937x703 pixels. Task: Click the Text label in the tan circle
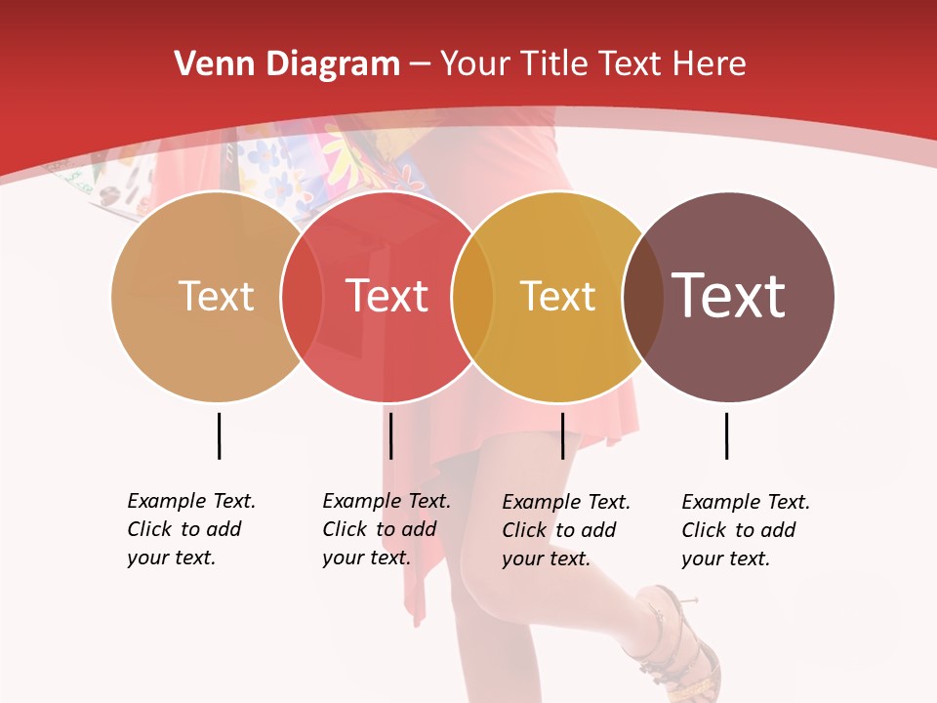pyautogui.click(x=216, y=296)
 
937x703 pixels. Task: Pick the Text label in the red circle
pyautogui.click(x=387, y=296)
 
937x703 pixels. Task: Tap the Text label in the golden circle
pyautogui.click(x=557, y=296)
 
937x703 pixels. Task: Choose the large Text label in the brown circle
pyautogui.click(x=728, y=296)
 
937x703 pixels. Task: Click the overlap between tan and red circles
pyautogui.click(x=302, y=297)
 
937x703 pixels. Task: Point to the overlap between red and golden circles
pyautogui.click(x=472, y=297)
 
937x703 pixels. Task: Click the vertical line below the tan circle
pyautogui.click(x=219, y=435)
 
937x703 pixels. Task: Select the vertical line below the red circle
pyautogui.click(x=390, y=435)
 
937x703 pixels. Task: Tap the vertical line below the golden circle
pyautogui.click(x=562, y=435)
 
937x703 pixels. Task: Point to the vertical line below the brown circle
pyautogui.click(x=726, y=435)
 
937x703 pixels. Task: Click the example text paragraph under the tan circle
pyautogui.click(x=190, y=529)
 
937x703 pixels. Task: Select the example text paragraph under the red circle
pyautogui.click(x=386, y=529)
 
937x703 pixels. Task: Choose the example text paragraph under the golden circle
pyautogui.click(x=565, y=530)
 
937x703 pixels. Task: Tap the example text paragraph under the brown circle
pyautogui.click(x=745, y=530)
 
